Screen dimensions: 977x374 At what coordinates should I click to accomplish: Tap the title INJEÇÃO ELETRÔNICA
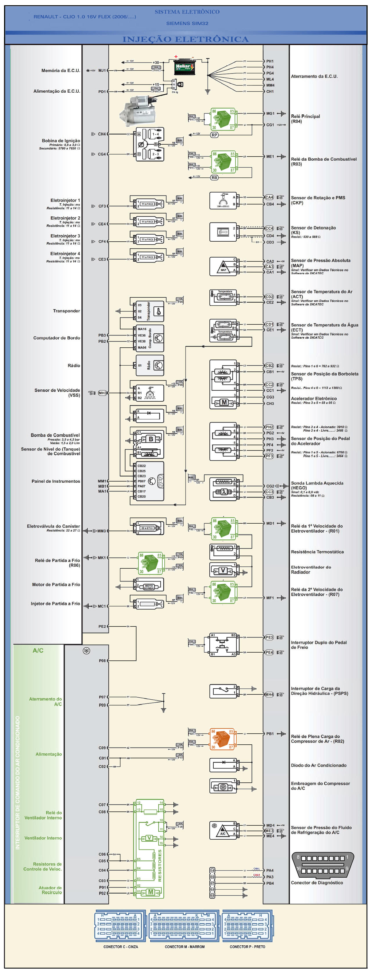[x=186, y=39]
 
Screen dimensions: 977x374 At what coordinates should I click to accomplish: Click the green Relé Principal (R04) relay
[x=223, y=119]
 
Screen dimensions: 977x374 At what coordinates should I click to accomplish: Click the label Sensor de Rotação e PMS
[x=318, y=197]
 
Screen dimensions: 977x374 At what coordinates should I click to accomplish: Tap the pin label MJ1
[x=102, y=71]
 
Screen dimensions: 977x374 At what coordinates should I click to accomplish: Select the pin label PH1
[x=270, y=61]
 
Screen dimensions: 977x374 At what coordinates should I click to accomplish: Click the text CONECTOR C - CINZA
[x=121, y=947]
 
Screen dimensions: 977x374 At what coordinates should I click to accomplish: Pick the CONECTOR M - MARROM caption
[x=185, y=947]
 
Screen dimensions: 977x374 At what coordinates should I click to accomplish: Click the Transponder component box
[x=150, y=311]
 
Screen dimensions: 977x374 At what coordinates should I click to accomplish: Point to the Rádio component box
[x=150, y=365]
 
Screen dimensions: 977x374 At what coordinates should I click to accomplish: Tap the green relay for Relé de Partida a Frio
[x=151, y=563]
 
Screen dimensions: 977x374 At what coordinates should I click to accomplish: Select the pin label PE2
[x=102, y=626]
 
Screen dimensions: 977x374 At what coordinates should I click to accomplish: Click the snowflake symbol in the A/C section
[x=87, y=651]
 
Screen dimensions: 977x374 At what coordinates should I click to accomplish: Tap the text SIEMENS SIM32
[x=187, y=24]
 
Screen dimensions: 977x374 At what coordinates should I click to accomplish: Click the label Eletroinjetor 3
[x=65, y=236]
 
